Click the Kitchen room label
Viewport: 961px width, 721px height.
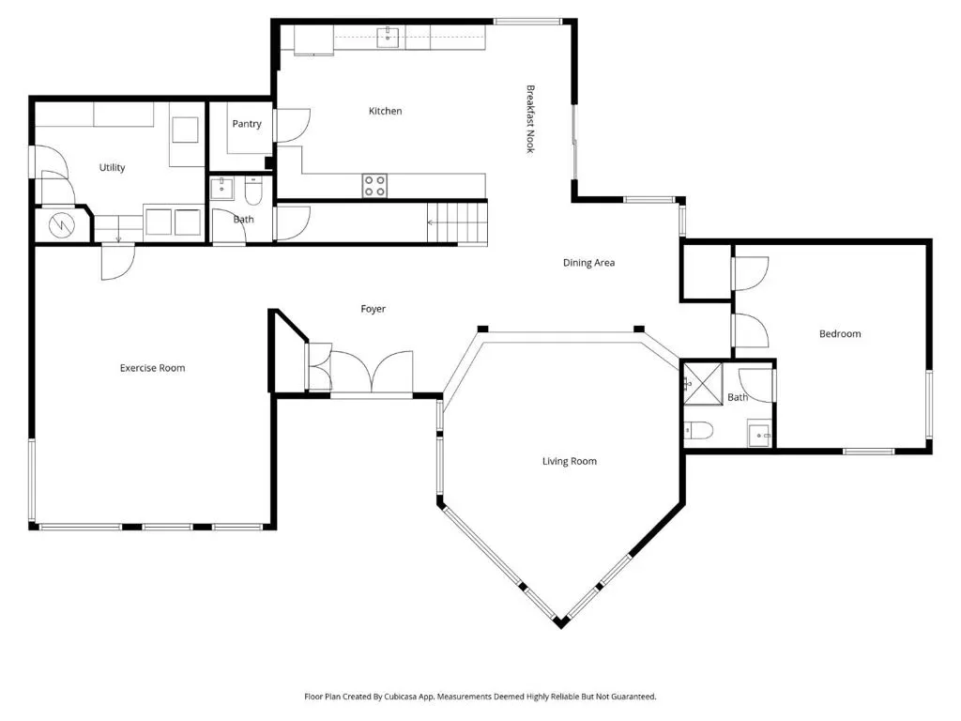tap(385, 111)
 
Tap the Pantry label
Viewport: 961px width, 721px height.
tap(247, 124)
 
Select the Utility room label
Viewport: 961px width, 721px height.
tap(113, 167)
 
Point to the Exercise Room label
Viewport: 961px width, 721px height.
tap(152, 368)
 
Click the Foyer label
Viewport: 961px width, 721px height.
tap(374, 309)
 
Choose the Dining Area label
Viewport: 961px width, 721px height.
tap(588, 263)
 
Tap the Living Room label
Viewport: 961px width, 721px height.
tap(570, 461)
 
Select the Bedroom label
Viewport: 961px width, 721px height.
tap(840, 333)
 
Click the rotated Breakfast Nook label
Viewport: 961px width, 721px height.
tap(531, 119)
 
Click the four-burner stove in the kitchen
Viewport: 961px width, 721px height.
tap(374, 186)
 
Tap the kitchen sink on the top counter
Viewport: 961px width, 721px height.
tap(388, 37)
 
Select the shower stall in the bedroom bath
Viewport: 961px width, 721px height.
tap(703, 384)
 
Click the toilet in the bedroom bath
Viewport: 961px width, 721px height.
tap(698, 430)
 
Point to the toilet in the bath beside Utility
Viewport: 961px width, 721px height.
tap(253, 191)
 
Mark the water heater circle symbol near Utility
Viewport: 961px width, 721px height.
tap(61, 225)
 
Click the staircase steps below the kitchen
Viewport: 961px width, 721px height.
tap(457, 223)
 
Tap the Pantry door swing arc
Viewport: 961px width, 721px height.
tap(293, 126)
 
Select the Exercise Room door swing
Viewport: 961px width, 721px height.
tap(117, 262)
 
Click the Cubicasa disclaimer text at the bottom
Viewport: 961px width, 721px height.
tap(480, 697)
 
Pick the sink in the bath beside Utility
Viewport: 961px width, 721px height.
tap(221, 189)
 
